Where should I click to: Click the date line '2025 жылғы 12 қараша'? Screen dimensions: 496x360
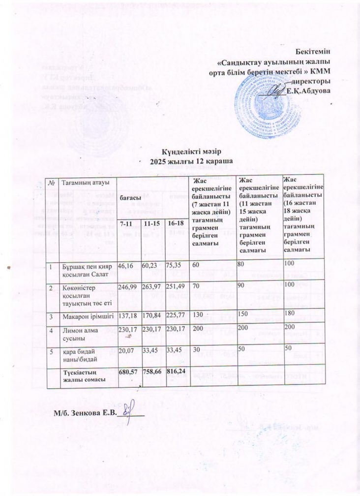click(191, 161)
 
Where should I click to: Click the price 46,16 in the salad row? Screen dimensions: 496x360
click(126, 265)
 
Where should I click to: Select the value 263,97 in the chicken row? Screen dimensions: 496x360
click(151, 286)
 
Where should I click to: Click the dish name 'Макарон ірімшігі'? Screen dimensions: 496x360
click(84, 314)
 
